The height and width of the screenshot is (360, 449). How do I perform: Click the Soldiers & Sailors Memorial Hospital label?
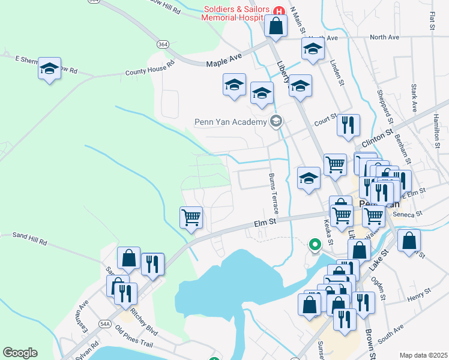[237, 13]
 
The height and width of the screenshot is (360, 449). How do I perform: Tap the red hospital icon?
[279, 11]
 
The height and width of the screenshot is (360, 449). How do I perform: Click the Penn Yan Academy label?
[230, 122]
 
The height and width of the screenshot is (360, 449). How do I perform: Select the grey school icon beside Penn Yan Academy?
[276, 122]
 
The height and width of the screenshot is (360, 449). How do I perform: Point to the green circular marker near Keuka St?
[314, 244]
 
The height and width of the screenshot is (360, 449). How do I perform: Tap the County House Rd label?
[149, 68]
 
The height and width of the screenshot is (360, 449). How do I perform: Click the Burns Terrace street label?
[273, 194]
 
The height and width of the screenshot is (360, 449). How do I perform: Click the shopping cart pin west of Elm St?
[191, 217]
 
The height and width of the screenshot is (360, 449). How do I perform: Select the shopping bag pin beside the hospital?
[276, 26]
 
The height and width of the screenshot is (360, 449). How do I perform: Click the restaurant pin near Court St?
[348, 125]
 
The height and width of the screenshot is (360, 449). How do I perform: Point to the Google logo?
[20, 353]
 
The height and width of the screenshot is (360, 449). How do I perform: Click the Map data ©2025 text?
[423, 355]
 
